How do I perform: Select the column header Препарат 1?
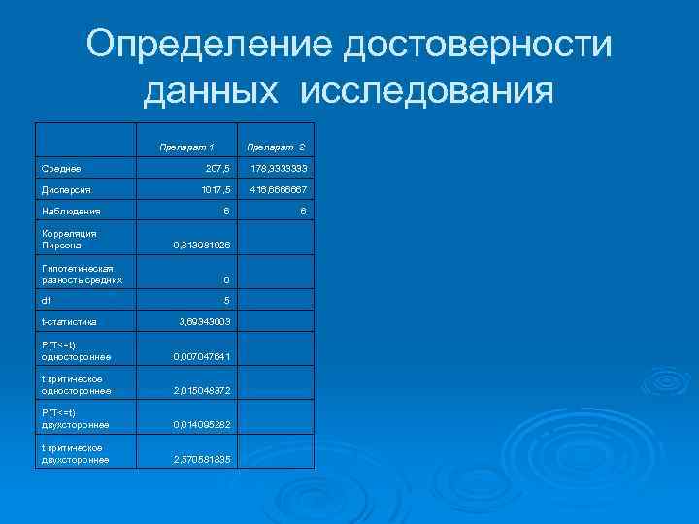186,147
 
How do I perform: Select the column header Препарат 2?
276,147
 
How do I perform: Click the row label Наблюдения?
71,210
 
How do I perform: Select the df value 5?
226,300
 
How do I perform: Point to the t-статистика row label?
69,320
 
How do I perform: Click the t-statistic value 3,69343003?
204,320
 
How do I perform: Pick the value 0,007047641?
201,357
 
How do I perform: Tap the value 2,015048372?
201,390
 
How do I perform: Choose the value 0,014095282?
201,424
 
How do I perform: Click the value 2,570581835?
201,458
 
